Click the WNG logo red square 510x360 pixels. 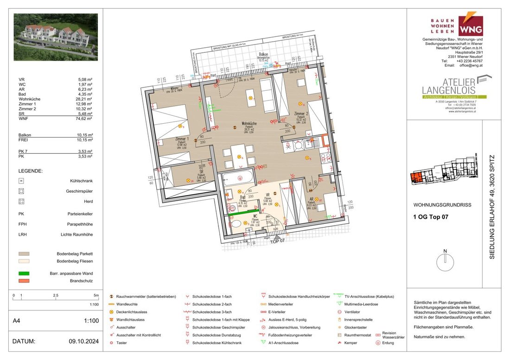click(x=470, y=26)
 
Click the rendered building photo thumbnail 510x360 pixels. click(x=56, y=37)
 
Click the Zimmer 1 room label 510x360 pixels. click(x=181, y=139)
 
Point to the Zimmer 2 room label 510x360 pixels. click(x=300, y=113)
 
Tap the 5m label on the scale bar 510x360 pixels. click(x=96, y=295)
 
